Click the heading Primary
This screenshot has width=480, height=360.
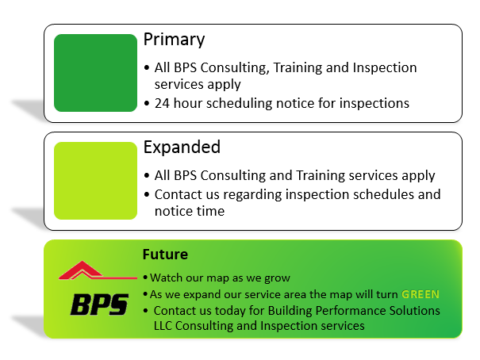point(175,40)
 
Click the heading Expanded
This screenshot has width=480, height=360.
point(182,147)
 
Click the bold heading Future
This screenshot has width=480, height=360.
point(165,255)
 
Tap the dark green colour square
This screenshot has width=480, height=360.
point(95,73)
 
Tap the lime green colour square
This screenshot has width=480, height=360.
point(95,181)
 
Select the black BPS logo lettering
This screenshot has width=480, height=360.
point(99,304)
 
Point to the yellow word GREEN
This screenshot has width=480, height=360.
point(420,294)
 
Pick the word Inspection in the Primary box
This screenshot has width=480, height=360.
point(385,68)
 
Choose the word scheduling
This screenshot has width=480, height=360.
point(239,103)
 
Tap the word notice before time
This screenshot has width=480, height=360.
point(173,212)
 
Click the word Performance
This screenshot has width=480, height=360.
point(351,311)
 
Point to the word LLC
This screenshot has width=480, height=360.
point(163,326)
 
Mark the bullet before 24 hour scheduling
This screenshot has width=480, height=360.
point(147,104)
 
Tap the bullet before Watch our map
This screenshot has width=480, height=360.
point(145,278)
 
